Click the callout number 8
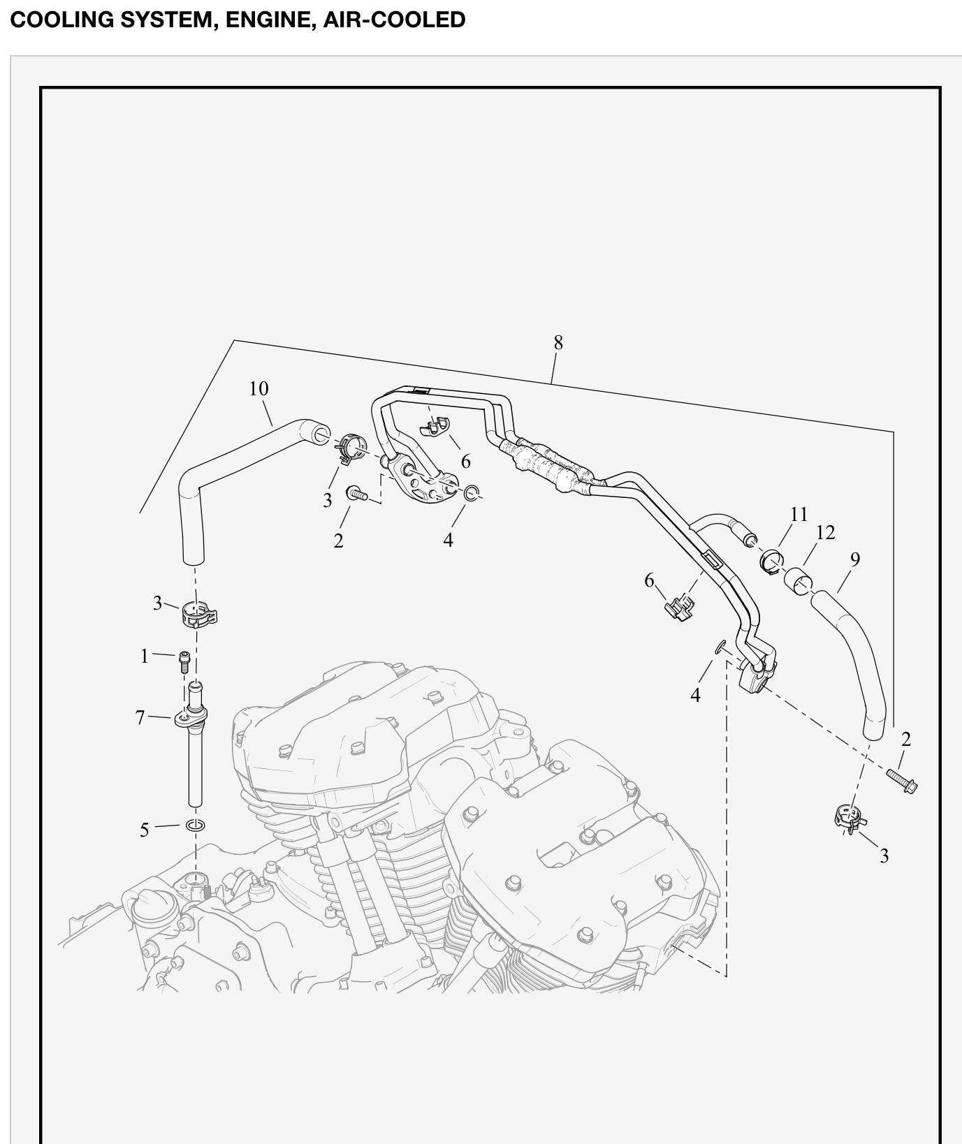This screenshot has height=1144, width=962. (x=558, y=342)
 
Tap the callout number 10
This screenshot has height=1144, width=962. (x=258, y=388)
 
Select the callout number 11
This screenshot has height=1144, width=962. (x=799, y=514)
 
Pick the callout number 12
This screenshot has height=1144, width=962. (x=825, y=532)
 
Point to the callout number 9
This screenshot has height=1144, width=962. (x=855, y=559)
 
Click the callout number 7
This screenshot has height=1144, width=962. (x=140, y=717)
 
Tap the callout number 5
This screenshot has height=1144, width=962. (x=145, y=830)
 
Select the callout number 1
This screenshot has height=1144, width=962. (x=145, y=657)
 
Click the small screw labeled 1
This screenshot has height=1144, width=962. (x=185, y=660)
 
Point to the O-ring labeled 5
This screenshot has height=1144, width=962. (x=196, y=826)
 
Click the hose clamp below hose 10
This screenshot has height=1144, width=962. (x=198, y=614)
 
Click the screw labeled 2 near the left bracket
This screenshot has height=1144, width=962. (x=356, y=494)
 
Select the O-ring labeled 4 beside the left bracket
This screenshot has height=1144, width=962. (x=473, y=493)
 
